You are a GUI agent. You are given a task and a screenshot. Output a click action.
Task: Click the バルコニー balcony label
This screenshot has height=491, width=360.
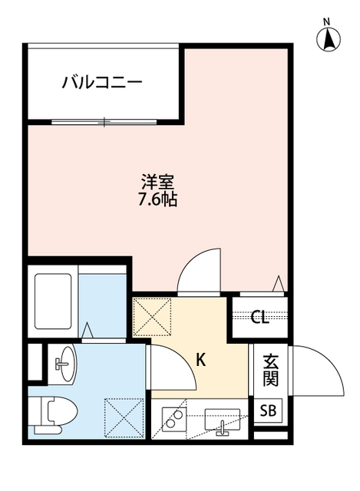pyautogui.click(x=101, y=82)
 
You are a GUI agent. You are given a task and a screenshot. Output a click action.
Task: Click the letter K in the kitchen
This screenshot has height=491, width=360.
pyautogui.click(x=201, y=359)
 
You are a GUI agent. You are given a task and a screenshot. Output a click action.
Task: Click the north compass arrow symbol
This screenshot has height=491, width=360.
pyautogui.click(x=328, y=38)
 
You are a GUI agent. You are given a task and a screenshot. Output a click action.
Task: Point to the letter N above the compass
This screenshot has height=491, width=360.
pyautogui.click(x=327, y=21)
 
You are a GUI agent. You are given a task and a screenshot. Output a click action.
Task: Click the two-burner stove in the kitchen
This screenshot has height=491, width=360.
pyautogui.click(x=173, y=420)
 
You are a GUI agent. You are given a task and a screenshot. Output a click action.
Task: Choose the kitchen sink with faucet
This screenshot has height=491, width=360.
pyautogui.click(x=223, y=421)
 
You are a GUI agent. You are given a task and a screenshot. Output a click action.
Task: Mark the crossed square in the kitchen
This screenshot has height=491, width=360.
pyautogui.click(x=153, y=317)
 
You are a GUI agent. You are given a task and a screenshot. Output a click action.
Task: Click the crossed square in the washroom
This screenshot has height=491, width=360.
pyautogui.click(x=124, y=415)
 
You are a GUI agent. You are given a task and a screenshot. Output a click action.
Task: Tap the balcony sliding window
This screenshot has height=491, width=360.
pyautogui.click(x=106, y=121)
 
